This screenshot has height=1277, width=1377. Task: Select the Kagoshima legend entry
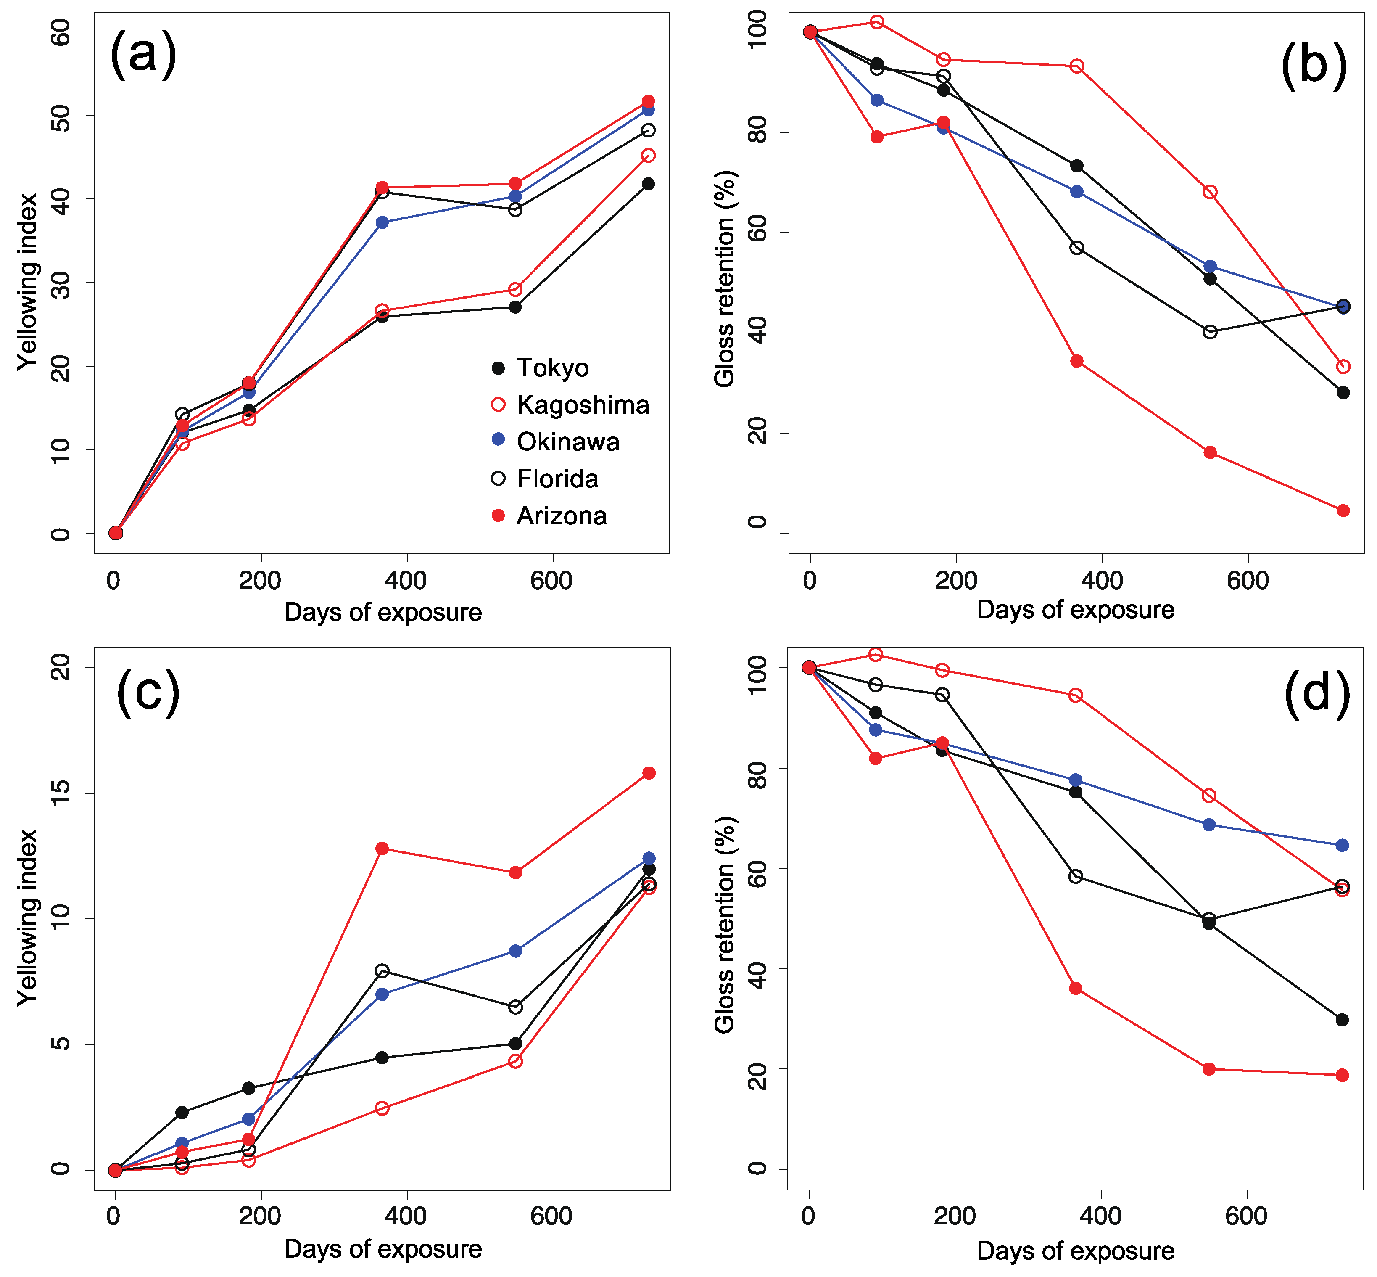coord(570,405)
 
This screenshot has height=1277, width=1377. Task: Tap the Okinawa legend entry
coord(555,442)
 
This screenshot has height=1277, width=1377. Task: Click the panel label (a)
coord(143,55)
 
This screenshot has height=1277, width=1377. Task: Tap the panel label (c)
coord(148,693)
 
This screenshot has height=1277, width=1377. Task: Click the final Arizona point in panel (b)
coord(1343,510)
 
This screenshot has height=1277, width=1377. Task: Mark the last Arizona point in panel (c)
coord(649,772)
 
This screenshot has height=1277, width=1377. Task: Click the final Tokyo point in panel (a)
coord(648,184)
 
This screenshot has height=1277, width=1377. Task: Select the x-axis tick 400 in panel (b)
coord(1102,580)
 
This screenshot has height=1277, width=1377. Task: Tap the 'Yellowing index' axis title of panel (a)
coord(28,282)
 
